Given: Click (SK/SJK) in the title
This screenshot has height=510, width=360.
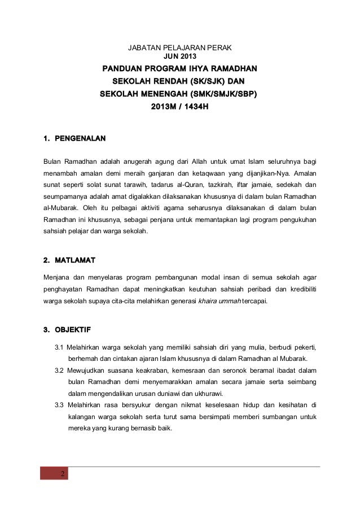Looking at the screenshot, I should pos(194,81).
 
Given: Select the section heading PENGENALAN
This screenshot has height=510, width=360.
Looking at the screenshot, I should pos(79,138).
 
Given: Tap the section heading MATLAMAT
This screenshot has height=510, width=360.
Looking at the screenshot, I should pos(74,260).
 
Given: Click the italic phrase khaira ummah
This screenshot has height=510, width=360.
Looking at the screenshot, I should pos(221,301).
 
